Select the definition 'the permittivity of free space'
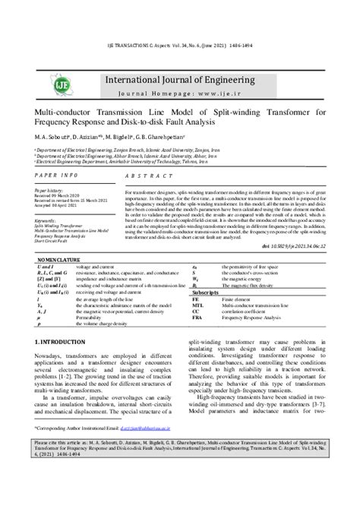click(250, 266)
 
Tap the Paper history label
click(49, 190)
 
